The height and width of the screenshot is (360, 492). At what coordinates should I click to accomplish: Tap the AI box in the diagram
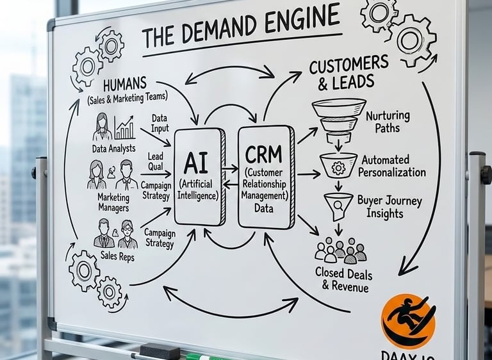coord(200,177)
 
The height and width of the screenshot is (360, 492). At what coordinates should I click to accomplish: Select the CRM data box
coord(266,176)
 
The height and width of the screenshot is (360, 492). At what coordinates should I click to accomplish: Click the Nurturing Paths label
coord(387,122)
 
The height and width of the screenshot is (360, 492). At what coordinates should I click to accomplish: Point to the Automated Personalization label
coord(391,166)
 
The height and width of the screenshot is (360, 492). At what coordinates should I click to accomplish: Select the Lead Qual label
coord(156,161)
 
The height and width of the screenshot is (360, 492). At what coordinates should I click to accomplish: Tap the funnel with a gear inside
coord(338,166)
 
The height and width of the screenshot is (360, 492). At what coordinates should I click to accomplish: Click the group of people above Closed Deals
coord(340,250)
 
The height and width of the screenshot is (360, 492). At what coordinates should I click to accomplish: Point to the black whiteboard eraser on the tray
coord(160,350)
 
